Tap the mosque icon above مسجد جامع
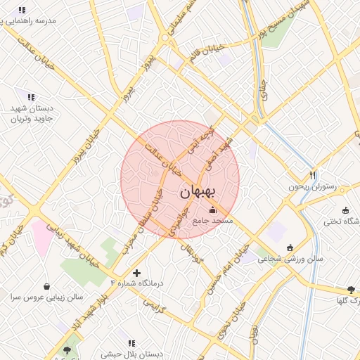[x=213, y=210]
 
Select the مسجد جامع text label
[x=214, y=221]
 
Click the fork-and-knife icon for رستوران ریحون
[x=313, y=175]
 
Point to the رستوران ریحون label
[x=313, y=187]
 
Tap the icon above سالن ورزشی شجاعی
[x=290, y=247]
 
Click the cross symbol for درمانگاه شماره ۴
[x=136, y=272]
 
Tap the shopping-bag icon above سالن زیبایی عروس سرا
[x=46, y=286]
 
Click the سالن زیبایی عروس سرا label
[x=46, y=297]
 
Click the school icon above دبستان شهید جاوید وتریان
[x=31, y=96]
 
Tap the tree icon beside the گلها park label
[x=351, y=290]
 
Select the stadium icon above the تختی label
[x=345, y=210]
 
